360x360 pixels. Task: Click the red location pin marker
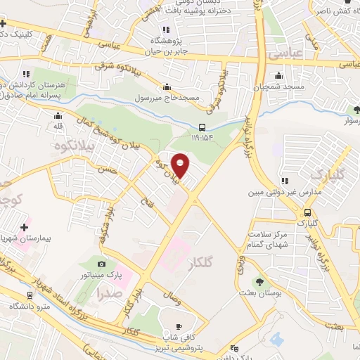coord(181,165)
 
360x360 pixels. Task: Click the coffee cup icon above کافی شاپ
coord(178,326)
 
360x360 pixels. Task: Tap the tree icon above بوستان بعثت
coord(260,282)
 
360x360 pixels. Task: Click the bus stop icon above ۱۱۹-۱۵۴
coord(202,128)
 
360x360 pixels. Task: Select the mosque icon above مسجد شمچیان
coord(280,76)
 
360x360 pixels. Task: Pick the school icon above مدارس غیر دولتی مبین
coord(285,181)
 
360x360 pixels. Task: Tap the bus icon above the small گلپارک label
coord(307,212)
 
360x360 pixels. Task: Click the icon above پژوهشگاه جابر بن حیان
coord(167,30)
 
